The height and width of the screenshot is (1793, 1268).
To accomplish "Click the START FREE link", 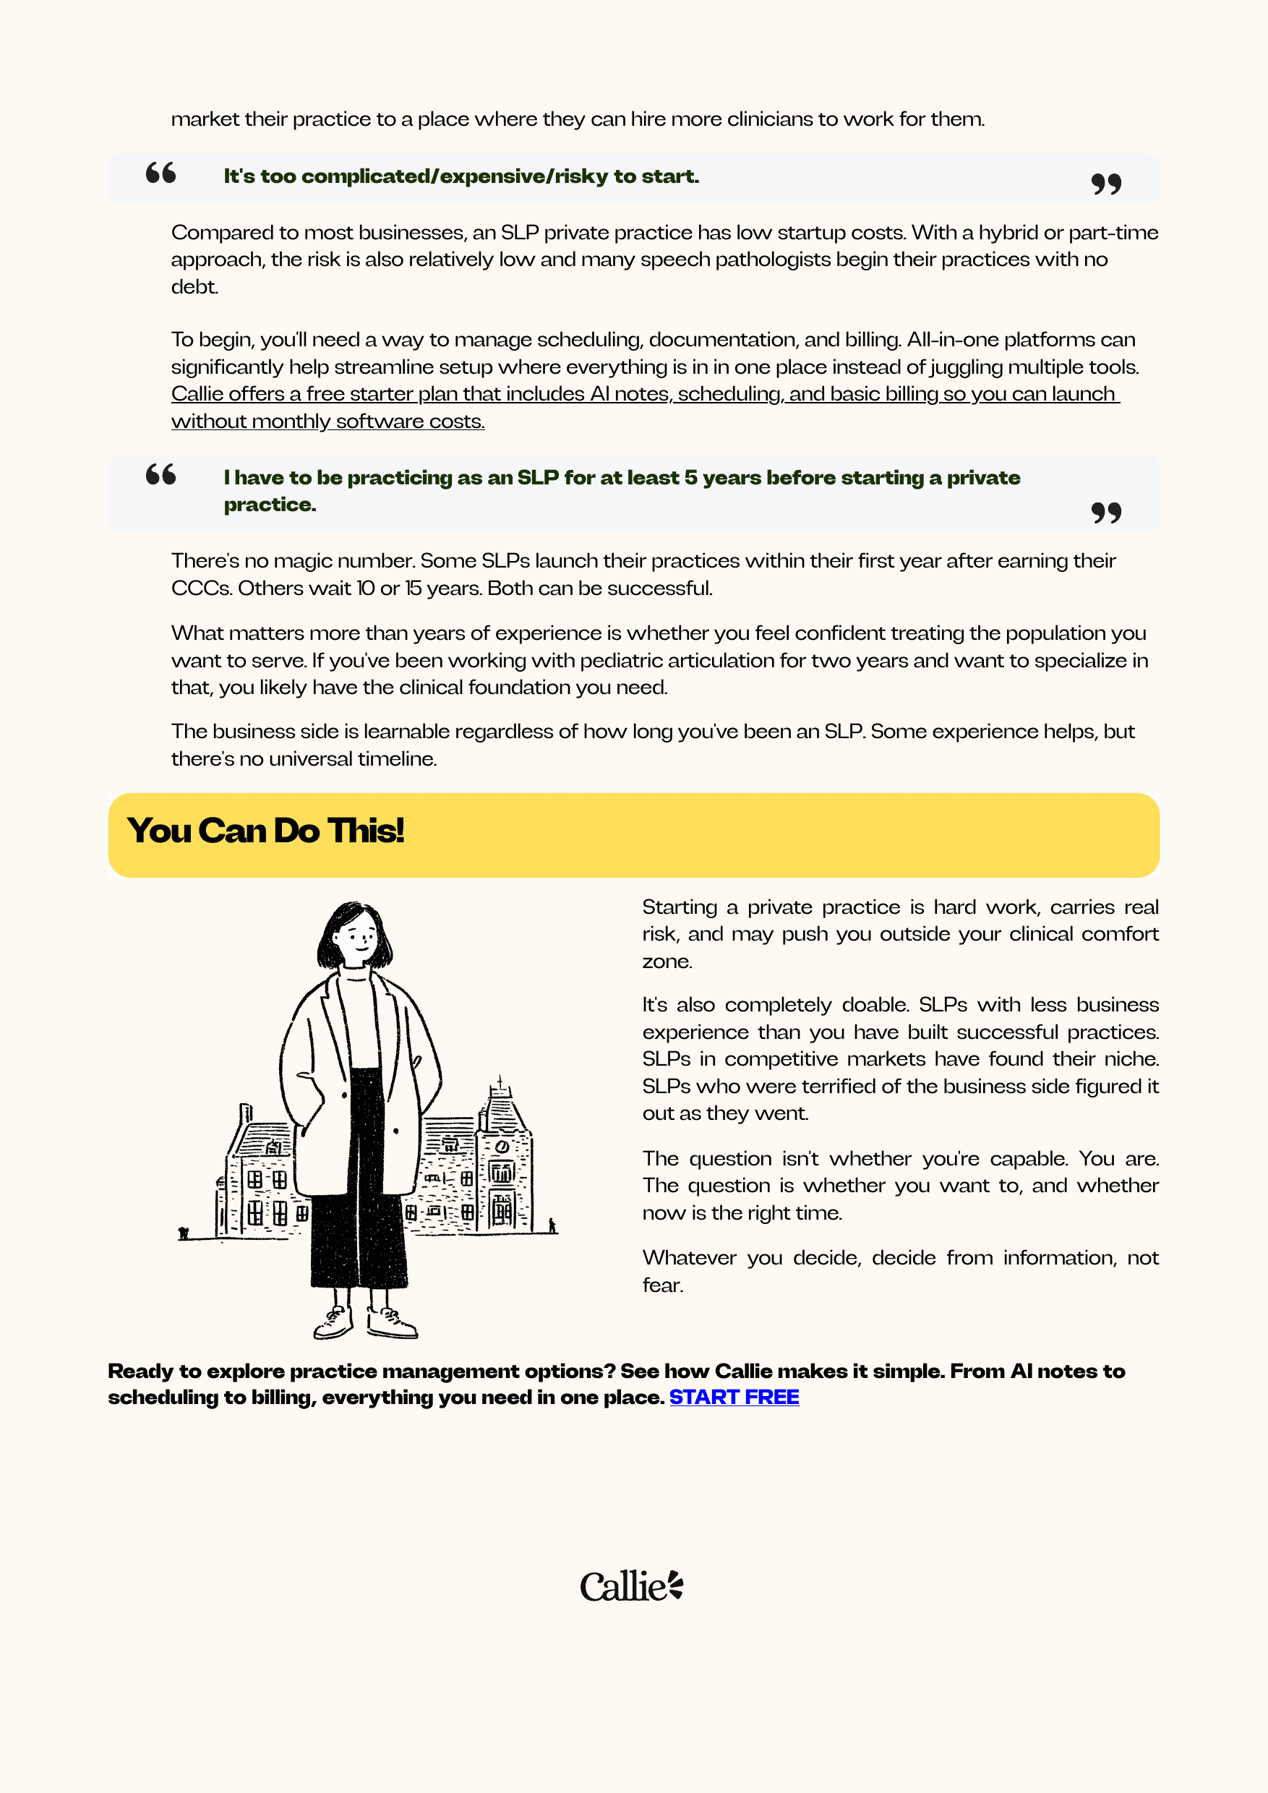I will click(733, 1397).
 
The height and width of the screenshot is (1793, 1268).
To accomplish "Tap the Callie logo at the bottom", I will click(631, 1586).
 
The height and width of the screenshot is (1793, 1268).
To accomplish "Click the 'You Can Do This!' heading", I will click(265, 831).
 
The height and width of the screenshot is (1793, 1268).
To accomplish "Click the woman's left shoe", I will click(392, 1323).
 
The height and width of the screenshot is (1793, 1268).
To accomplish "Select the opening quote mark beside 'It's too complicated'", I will click(160, 173).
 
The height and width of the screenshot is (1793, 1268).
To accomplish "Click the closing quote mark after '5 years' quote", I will click(1105, 513).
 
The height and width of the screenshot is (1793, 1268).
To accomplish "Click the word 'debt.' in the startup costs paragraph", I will click(194, 286).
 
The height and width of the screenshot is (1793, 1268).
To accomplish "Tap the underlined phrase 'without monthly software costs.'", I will click(328, 421).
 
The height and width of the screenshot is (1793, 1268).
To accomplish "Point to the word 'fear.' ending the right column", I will click(662, 1285).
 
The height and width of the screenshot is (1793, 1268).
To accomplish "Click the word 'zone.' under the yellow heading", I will click(667, 962).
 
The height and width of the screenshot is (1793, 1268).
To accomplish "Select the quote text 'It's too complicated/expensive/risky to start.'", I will click(460, 176).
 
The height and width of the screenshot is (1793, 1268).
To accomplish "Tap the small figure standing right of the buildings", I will click(552, 1225).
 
